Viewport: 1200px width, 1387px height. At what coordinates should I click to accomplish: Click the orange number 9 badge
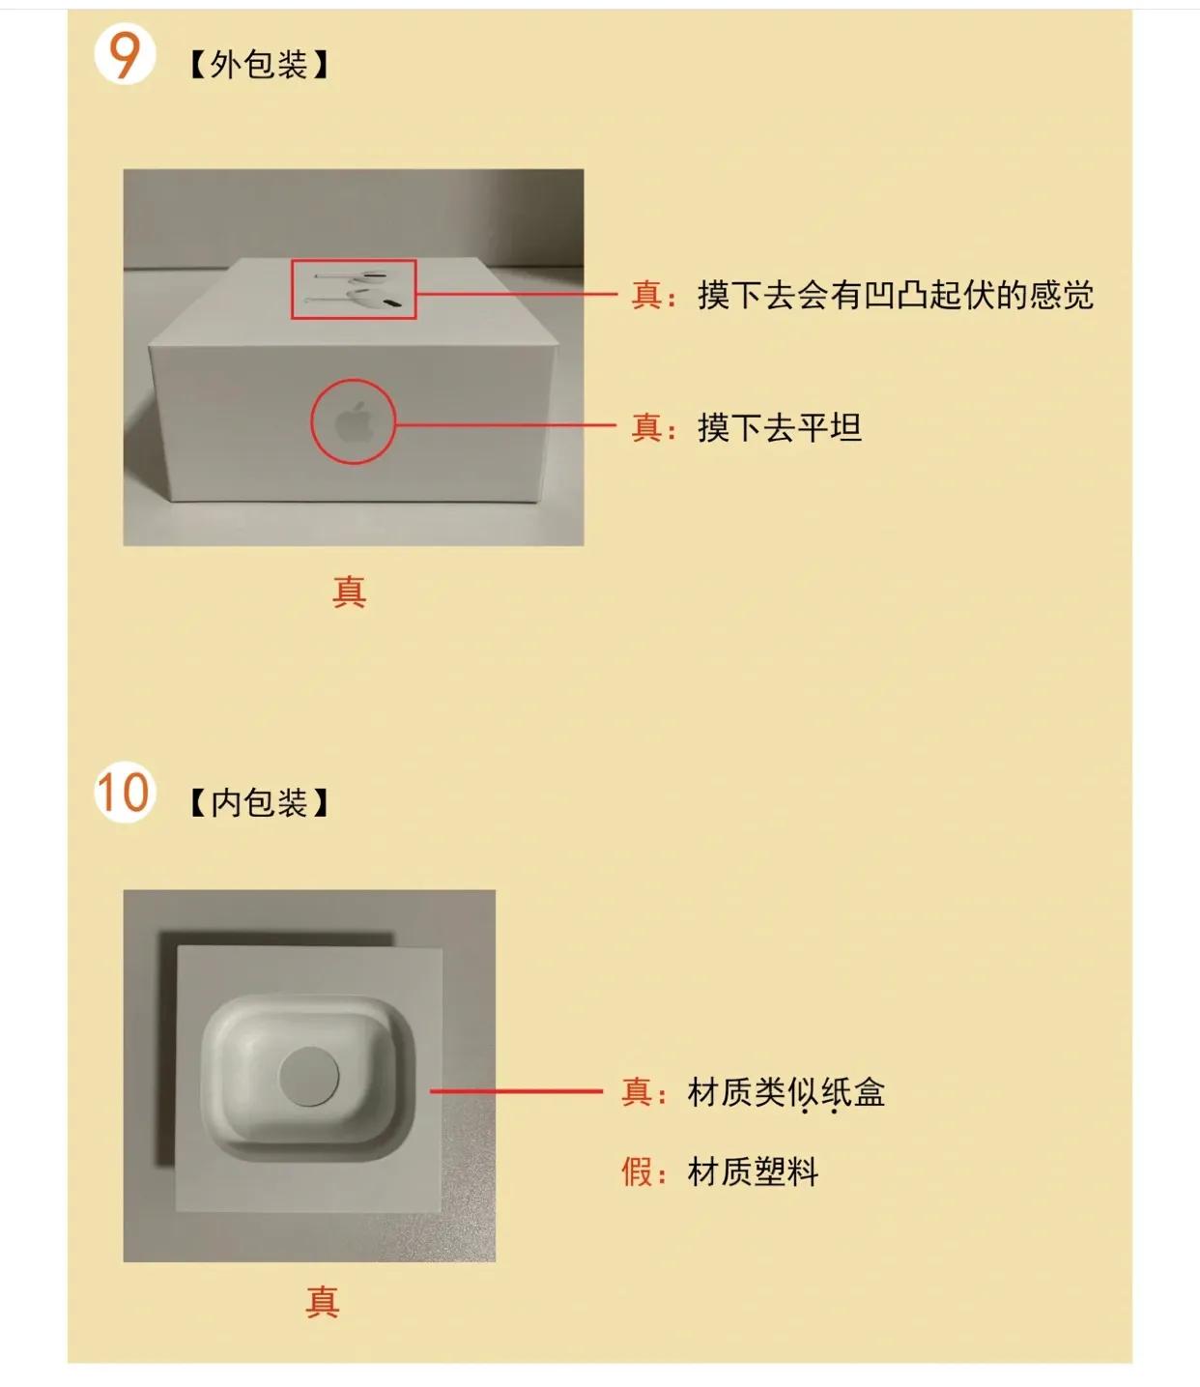[125, 55]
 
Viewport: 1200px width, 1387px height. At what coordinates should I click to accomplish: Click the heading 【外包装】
[258, 65]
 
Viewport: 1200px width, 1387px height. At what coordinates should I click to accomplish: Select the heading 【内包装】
[258, 802]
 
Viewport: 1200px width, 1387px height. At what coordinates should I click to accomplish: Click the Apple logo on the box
[354, 422]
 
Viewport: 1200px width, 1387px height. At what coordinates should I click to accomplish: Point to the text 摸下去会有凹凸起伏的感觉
[895, 295]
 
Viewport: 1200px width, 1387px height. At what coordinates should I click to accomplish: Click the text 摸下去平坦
[779, 426]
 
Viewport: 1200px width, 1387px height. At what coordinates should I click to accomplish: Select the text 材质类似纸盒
[786, 1092]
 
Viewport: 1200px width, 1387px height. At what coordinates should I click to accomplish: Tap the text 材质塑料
[753, 1171]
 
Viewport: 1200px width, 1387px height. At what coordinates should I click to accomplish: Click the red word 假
[637, 1171]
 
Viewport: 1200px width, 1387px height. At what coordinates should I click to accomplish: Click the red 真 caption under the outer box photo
[349, 591]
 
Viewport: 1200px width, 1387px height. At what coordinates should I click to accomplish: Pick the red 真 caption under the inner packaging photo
[323, 1302]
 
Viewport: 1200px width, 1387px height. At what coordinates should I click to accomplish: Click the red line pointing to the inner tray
[516, 1091]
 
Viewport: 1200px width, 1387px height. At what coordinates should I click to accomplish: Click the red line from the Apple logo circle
[505, 424]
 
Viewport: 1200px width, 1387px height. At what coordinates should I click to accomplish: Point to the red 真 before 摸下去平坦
[646, 426]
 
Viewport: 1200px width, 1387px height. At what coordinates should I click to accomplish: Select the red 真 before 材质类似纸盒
[637, 1092]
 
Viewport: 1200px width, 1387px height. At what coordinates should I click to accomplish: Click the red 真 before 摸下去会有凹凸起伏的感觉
[646, 295]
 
